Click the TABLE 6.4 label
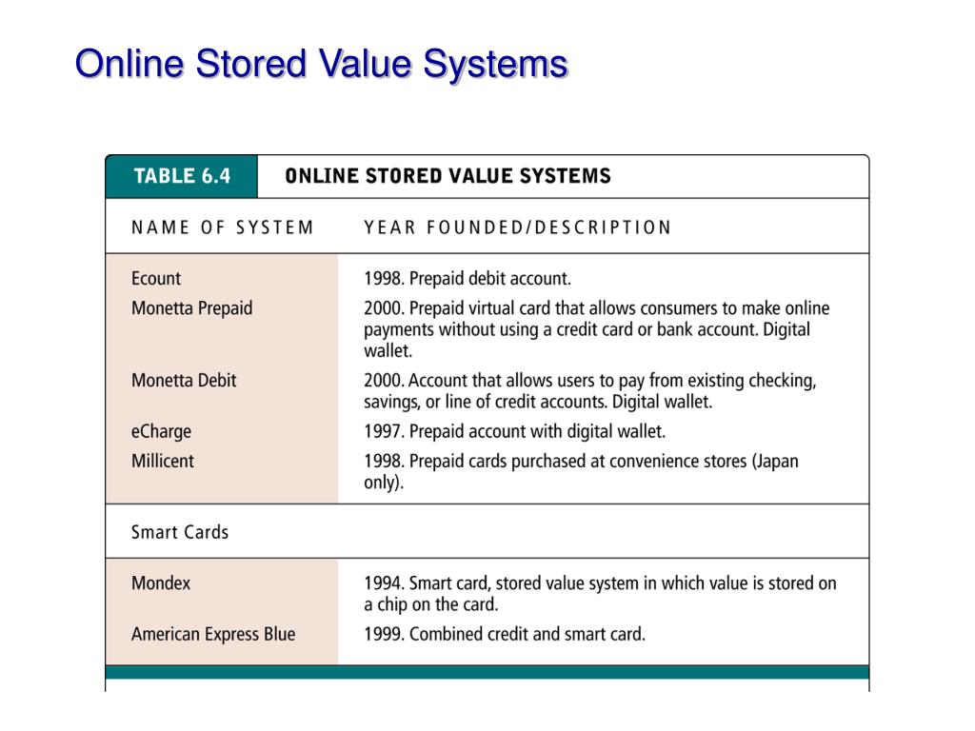(181, 176)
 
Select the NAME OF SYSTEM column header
(222, 227)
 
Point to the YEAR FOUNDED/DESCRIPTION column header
(517, 227)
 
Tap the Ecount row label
(156, 279)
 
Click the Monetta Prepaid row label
(191, 308)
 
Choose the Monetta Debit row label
(184, 381)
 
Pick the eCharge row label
(161, 431)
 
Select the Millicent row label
(162, 461)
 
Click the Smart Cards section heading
(180, 532)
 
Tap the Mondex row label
(161, 583)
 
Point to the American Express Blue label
(213, 634)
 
